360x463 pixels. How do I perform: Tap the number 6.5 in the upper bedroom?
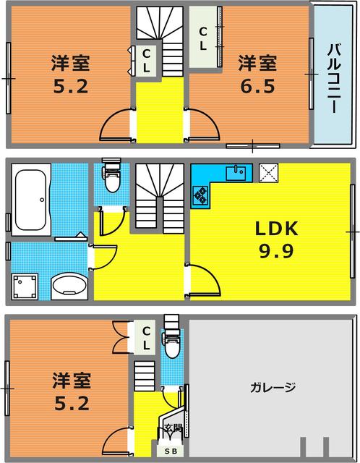point(257,87)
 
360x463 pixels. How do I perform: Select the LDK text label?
point(276,229)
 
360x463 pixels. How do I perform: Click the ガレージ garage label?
point(273,387)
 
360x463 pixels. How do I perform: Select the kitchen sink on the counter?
point(236,174)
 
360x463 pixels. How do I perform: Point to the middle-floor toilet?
point(113,175)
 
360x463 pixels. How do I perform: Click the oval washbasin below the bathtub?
point(69,285)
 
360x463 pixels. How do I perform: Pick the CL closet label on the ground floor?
point(146,337)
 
